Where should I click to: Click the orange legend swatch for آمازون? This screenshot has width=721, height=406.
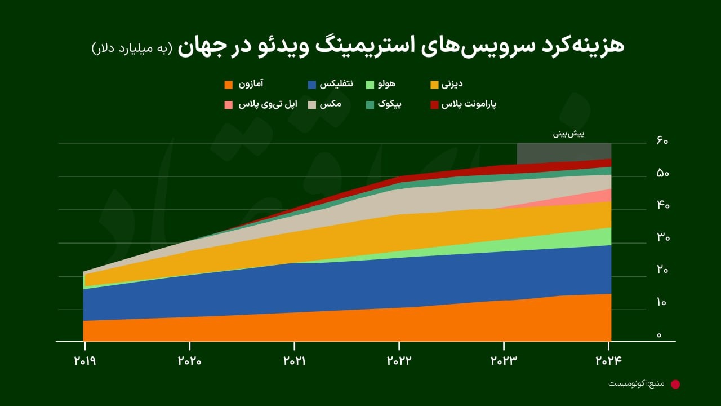coord(228,85)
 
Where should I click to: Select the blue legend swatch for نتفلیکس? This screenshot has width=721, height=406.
coord(312,85)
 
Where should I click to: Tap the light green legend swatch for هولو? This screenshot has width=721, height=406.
coord(370,85)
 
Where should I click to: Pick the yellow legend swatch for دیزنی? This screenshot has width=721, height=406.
coord(434,85)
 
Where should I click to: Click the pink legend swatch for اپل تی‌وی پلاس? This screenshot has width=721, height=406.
coord(228,105)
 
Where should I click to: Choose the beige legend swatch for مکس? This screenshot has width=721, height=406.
coord(312,105)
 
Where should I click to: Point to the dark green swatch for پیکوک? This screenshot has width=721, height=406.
coord(370,105)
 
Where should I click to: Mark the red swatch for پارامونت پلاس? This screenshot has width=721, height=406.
coord(434,105)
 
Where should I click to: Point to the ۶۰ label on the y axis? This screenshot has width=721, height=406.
coord(662,140)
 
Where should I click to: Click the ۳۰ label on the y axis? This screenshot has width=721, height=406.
coord(662,238)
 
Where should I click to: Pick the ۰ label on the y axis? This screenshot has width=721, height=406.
coord(659,336)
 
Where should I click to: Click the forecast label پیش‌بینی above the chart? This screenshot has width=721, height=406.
coord(568,134)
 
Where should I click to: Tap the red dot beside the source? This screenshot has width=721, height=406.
coord(675,384)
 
